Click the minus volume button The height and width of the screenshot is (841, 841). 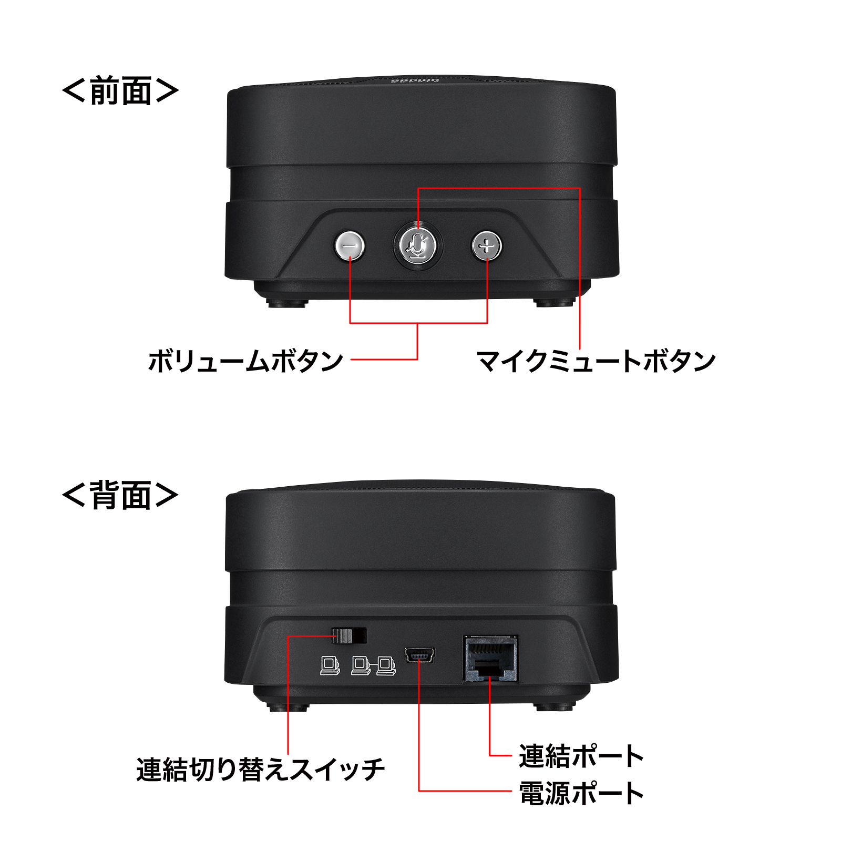point(350,245)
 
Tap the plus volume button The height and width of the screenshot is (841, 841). point(487,245)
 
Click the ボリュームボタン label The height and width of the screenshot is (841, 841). point(245,362)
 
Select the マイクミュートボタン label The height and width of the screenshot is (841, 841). point(596,362)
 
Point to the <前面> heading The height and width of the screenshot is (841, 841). point(120,91)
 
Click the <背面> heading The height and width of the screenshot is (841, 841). point(120,495)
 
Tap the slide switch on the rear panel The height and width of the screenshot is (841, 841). point(348,635)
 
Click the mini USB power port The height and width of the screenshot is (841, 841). point(419,655)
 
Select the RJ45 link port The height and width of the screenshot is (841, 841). point(490,659)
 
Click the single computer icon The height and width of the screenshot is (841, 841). point(330,665)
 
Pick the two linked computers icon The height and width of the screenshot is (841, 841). point(373,665)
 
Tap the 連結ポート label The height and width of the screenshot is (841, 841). point(581,756)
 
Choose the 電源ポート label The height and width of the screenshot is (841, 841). point(581,793)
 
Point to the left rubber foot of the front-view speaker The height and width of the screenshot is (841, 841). point(287,303)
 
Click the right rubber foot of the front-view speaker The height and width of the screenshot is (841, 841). point(554,303)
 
